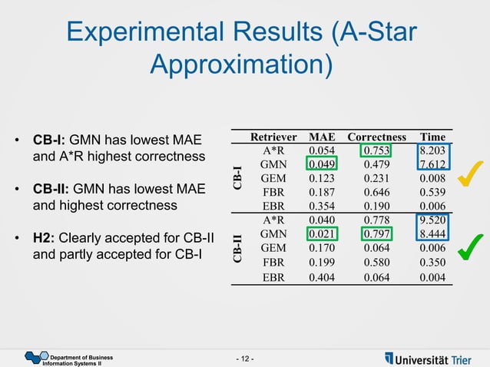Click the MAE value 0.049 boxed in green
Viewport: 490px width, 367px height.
[x=320, y=164]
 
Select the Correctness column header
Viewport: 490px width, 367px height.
[x=376, y=137]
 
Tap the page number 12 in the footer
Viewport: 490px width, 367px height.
[x=245, y=359]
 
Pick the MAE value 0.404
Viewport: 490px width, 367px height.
[x=320, y=277]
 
